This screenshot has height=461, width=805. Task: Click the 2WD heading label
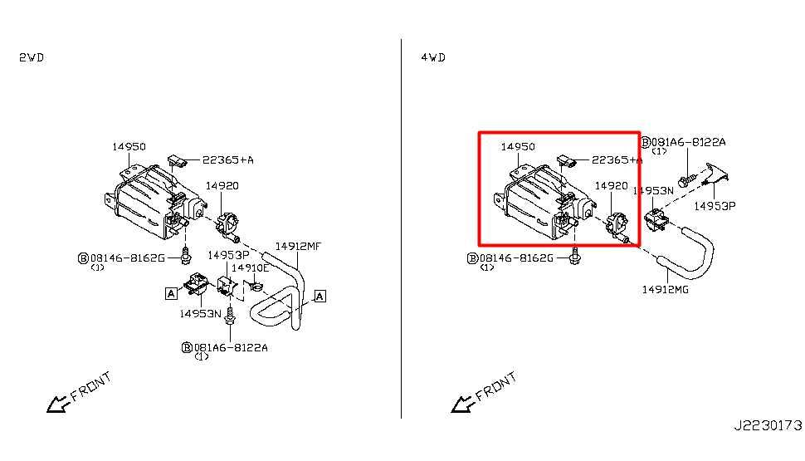(x=32, y=57)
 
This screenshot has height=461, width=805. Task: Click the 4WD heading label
(x=433, y=57)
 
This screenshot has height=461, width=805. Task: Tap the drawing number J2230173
(x=768, y=425)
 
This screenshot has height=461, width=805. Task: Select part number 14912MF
(x=298, y=246)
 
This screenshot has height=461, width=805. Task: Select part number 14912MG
(x=666, y=290)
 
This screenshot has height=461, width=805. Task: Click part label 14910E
(x=250, y=267)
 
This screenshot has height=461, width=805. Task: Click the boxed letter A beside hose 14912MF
(x=320, y=296)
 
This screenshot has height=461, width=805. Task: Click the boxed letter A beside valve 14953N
(x=171, y=293)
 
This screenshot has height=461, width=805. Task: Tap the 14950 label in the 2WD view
(x=129, y=147)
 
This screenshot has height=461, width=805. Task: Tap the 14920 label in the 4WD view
(x=611, y=186)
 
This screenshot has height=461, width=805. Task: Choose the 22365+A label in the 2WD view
(x=228, y=159)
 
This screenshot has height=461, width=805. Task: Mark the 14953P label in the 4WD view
(x=715, y=206)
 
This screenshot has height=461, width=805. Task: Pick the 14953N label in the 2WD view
(x=200, y=313)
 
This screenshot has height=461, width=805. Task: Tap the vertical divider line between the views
(x=401, y=228)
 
